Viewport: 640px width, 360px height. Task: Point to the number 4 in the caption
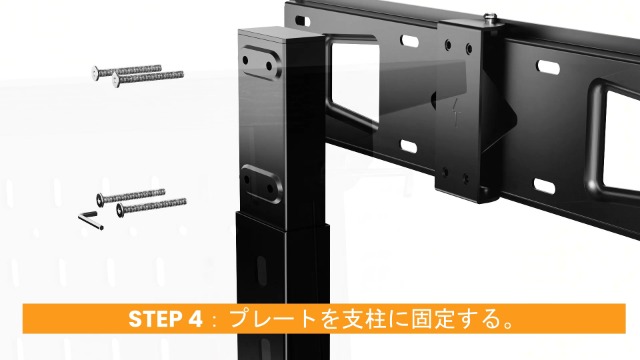coord(197,319)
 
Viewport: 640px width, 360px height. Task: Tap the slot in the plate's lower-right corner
coord(546,186)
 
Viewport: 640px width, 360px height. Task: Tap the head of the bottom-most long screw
coord(122,212)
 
